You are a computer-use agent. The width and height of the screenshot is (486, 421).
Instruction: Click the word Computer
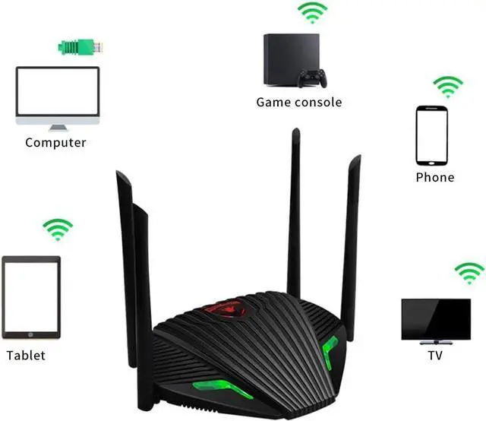coord(55,142)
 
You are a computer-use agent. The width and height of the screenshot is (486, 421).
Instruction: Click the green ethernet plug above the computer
coord(78,46)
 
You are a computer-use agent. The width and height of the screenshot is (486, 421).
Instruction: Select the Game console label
coord(298,102)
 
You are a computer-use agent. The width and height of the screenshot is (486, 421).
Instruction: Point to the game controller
coord(312,78)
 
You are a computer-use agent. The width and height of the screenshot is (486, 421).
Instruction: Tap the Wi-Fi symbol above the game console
coord(312,13)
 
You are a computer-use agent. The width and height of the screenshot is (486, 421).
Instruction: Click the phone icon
coord(431,135)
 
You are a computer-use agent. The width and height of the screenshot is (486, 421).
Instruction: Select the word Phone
coord(434,177)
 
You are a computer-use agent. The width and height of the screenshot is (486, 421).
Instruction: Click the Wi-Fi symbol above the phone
coord(448,86)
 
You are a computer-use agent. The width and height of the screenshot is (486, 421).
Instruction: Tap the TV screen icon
coord(435,320)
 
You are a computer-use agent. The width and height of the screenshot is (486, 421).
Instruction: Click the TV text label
coord(435,354)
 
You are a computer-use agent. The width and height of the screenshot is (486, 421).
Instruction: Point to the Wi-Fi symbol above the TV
coord(469,272)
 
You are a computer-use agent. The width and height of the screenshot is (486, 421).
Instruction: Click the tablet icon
coord(30,297)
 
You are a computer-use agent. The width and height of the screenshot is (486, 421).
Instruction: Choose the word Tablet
coord(26,355)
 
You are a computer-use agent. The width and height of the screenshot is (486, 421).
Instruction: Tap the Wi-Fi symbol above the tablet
coord(58,229)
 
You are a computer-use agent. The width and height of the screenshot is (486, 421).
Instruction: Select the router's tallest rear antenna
coord(294,213)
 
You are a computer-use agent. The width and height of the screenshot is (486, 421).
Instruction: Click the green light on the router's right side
coord(330,352)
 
